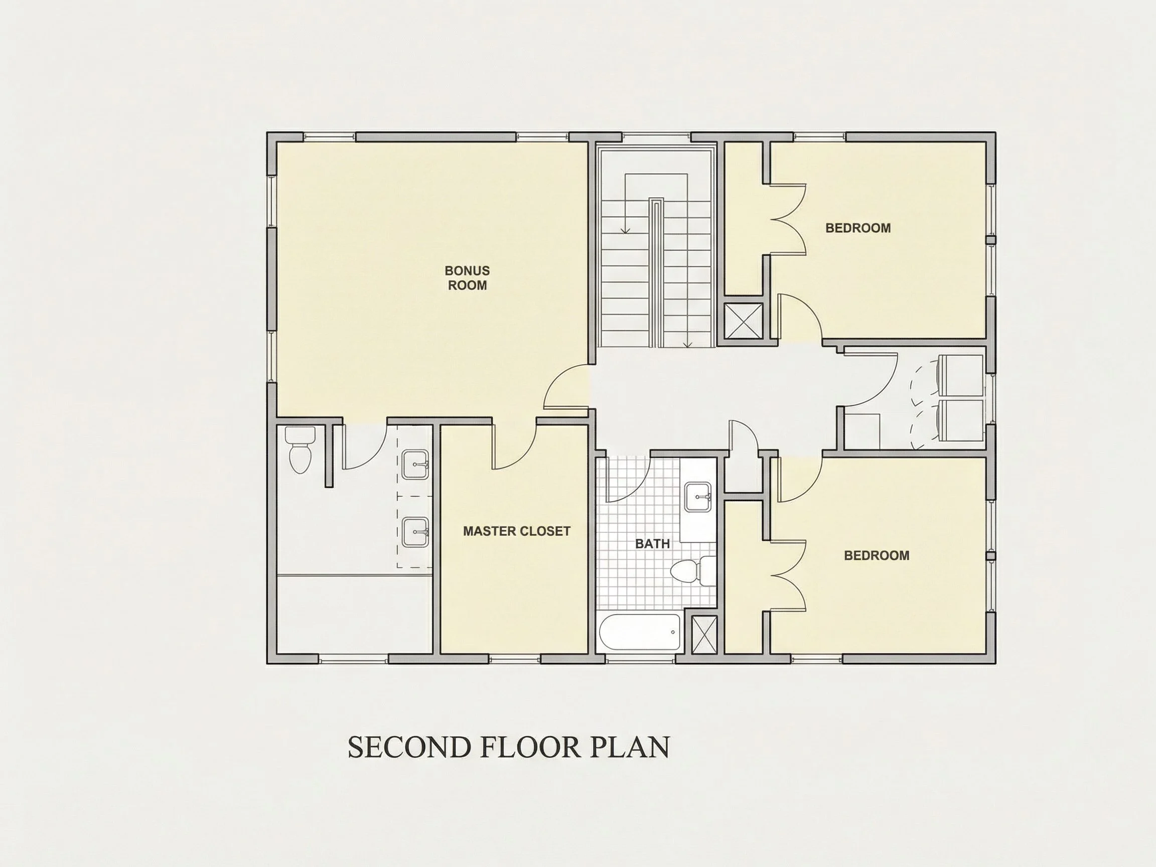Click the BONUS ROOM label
(x=467, y=278)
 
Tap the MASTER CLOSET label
(x=516, y=531)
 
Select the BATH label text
(x=652, y=544)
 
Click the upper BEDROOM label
(x=858, y=228)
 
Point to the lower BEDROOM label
(x=877, y=555)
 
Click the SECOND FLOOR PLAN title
(x=508, y=747)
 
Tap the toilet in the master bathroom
(x=301, y=450)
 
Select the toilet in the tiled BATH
(x=693, y=571)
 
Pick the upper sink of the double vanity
(x=416, y=464)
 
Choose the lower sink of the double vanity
(x=416, y=532)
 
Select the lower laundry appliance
(x=960, y=420)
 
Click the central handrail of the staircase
(x=656, y=272)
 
